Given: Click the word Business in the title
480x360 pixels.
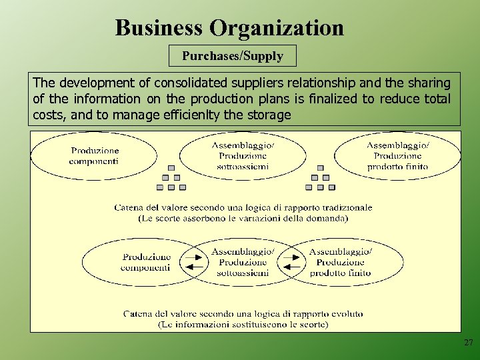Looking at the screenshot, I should pos(159,28).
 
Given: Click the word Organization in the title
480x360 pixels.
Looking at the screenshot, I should pos(277,28).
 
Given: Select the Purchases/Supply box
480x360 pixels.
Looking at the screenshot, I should pos(233,56).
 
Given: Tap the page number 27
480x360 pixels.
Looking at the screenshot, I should pos(468,343).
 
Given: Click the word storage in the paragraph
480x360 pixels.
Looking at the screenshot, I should pos(269,115).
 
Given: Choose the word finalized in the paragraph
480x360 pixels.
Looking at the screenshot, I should pos(335,99).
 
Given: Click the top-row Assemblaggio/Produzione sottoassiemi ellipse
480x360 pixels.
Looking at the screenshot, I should pos(243,156).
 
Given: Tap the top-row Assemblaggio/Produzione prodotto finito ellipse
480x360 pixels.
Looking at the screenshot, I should pos(398,156).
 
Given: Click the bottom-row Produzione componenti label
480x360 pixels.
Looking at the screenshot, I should pos(146,262).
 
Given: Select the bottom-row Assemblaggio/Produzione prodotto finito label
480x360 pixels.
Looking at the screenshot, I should pos(340,262).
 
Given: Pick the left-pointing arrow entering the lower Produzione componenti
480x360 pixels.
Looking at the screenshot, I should pos(195,268).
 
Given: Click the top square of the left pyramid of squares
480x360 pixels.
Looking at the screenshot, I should pos(171,168).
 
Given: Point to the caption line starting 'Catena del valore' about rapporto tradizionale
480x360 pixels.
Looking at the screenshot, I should pos(243,207).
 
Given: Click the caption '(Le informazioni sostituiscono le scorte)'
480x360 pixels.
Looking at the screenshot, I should pos(243,325).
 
